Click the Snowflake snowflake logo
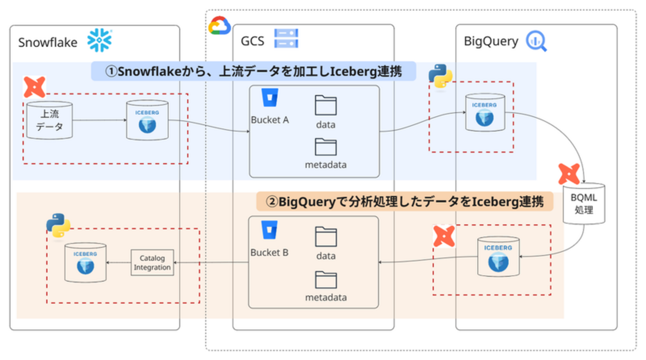pyautogui.click(x=100, y=40)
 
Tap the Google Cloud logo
pyautogui.click(x=219, y=26)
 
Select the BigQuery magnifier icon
pyautogui.click(x=536, y=41)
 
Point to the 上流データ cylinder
pyautogui.click(x=50, y=120)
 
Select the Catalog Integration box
pyautogui.click(x=152, y=263)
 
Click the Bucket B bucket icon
pyautogui.click(x=269, y=230)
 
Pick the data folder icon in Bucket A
pyautogui.click(x=326, y=105)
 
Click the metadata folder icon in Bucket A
pyautogui.click(x=326, y=147)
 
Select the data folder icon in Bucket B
pyautogui.click(x=326, y=237)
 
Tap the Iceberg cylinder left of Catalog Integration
pyautogui.click(x=85, y=262)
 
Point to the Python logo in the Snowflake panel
pyautogui.click(x=58, y=225)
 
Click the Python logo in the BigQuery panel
pyautogui.click(x=440, y=76)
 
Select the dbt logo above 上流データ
pyautogui.click(x=35, y=87)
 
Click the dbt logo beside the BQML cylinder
pyautogui.click(x=569, y=174)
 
